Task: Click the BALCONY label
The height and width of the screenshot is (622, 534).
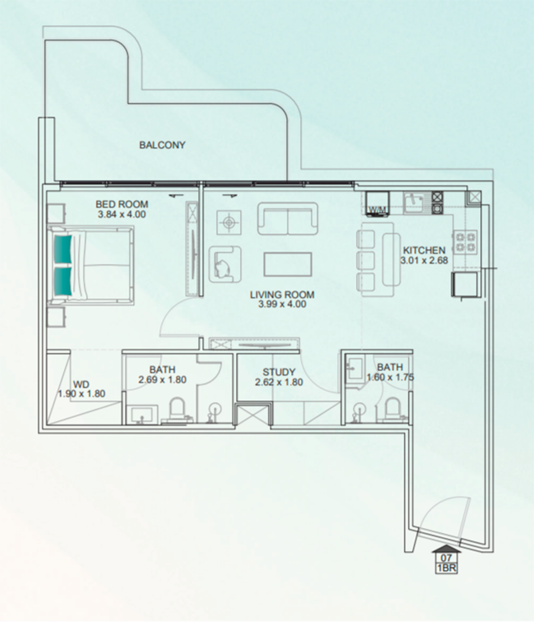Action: pyautogui.click(x=162, y=145)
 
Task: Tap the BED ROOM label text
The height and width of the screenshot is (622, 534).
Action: pyautogui.click(x=122, y=204)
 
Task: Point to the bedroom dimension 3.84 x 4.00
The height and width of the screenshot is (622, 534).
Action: pyautogui.click(x=122, y=215)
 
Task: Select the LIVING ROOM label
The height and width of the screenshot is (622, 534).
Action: pyautogui.click(x=282, y=295)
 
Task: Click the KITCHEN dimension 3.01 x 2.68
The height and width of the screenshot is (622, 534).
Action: pyautogui.click(x=424, y=261)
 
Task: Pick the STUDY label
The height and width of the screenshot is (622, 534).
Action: pyautogui.click(x=279, y=372)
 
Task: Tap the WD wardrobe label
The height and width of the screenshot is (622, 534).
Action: pyautogui.click(x=81, y=385)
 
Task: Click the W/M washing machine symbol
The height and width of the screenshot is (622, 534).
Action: pyautogui.click(x=377, y=204)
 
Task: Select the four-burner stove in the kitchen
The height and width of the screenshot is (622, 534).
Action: pyautogui.click(x=465, y=242)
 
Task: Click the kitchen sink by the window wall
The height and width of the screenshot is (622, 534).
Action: pyautogui.click(x=414, y=203)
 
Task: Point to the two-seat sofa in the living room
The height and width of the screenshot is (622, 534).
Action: pyautogui.click(x=287, y=219)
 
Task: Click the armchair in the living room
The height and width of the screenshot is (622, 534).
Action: pyautogui.click(x=225, y=264)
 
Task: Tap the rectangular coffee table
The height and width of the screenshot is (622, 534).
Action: pyautogui.click(x=287, y=264)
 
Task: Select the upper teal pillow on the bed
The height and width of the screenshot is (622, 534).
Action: pyautogui.click(x=63, y=249)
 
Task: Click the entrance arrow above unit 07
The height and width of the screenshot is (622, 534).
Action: pyautogui.click(x=446, y=549)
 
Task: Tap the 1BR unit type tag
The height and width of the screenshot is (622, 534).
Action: pyautogui.click(x=446, y=568)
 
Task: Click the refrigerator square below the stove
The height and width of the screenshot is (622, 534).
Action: pyautogui.click(x=465, y=284)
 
